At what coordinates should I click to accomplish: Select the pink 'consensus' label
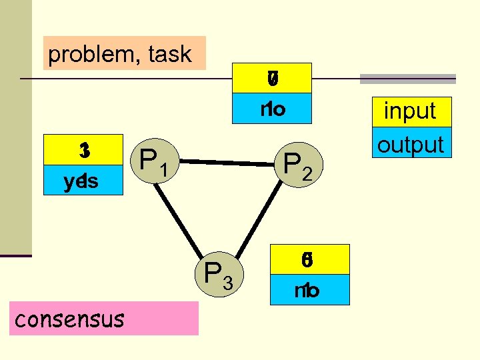pos(106,319)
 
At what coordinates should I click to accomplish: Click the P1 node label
pos(153,161)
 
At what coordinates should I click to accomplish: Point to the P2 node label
pos(297,167)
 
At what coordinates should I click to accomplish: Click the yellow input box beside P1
pos(83,151)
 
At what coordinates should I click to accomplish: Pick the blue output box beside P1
pos(83,181)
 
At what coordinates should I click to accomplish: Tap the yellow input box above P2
pos(271,79)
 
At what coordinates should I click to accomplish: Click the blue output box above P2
pos(271,109)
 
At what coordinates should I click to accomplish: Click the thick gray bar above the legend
pos(408,79)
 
